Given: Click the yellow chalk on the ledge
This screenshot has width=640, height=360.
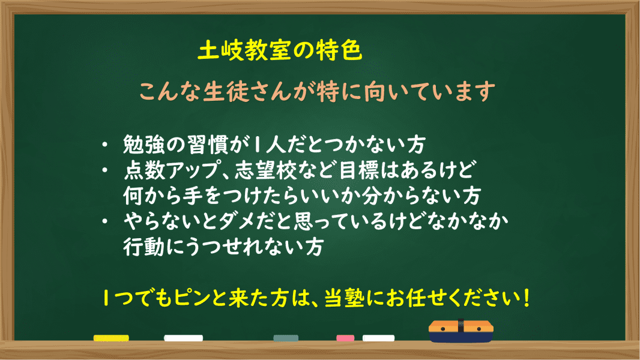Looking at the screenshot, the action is (x=111, y=338).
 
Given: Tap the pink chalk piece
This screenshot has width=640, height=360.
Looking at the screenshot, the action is (x=345, y=338).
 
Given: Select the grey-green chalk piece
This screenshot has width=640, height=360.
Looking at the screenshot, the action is (x=286, y=338).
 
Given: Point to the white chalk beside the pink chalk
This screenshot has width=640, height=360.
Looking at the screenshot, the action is (x=378, y=338).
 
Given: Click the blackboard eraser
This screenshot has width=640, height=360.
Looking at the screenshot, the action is (x=461, y=331).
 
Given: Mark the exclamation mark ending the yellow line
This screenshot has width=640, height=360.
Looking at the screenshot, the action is (x=527, y=298).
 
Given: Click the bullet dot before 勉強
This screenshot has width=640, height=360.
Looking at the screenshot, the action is (x=105, y=145).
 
